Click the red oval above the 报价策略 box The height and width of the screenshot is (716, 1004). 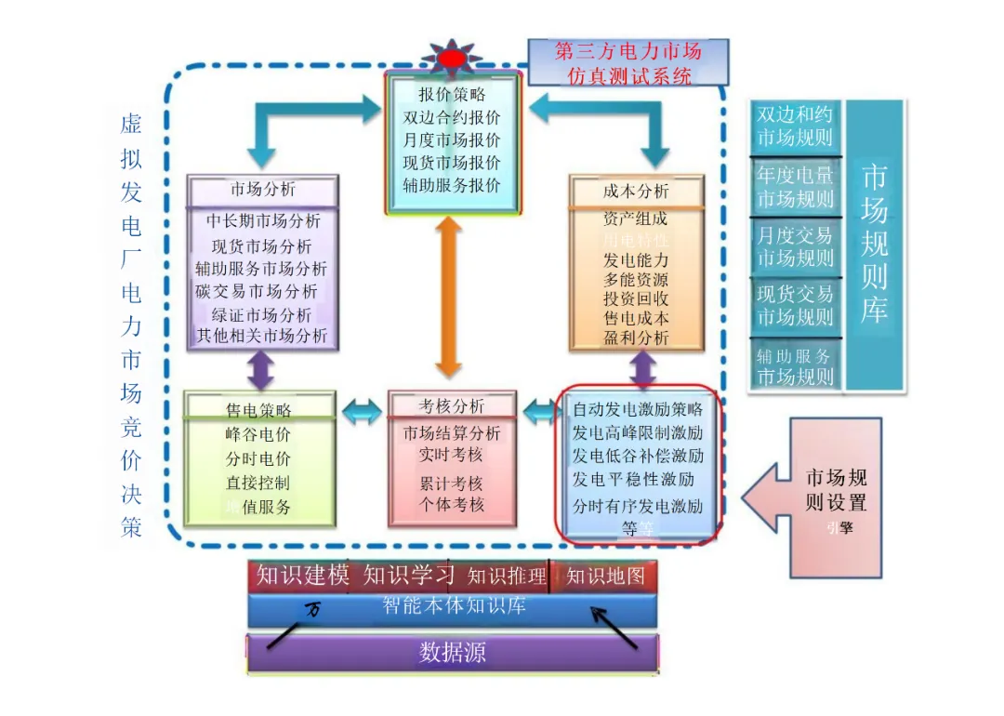(453, 59)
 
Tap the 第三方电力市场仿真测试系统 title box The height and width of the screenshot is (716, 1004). (628, 62)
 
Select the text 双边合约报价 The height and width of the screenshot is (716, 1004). (452, 118)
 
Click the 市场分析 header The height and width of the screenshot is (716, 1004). (263, 190)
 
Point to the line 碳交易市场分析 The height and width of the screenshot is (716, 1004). (257, 291)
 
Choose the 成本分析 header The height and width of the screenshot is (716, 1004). (636, 191)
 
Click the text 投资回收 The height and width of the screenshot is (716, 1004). (636, 298)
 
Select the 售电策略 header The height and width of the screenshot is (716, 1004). (258, 409)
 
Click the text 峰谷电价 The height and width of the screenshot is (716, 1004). (258, 434)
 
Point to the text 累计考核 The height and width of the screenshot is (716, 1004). (451, 484)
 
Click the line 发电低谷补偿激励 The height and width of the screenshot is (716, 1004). (638, 457)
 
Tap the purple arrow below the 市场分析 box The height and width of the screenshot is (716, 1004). (261, 370)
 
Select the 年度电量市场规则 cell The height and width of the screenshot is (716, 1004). (795, 187)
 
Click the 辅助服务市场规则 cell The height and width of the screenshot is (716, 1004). (795, 366)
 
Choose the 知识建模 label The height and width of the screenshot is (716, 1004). (303, 576)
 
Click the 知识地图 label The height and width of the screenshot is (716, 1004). (605, 577)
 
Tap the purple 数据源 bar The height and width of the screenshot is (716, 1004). (453, 653)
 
